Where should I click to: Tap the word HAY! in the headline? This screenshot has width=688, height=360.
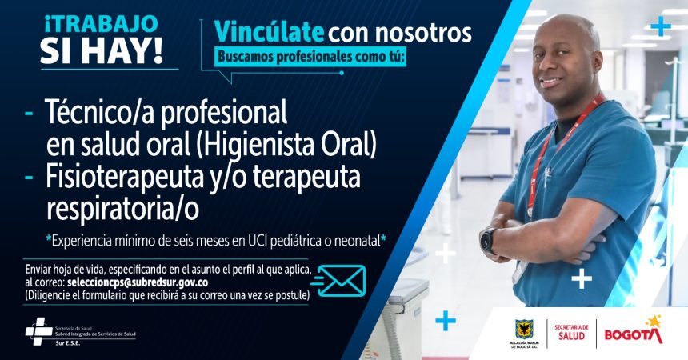125,53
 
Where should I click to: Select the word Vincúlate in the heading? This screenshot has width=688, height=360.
269,32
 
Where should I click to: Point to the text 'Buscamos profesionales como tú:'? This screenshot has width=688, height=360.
310,58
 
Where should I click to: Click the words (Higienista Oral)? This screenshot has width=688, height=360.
286,145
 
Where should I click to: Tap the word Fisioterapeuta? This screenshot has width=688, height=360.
126,176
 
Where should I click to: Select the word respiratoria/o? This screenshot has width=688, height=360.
122,209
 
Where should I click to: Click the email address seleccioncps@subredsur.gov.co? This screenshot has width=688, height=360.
138,282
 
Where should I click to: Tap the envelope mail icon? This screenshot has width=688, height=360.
339,281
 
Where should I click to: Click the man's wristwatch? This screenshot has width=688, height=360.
487,240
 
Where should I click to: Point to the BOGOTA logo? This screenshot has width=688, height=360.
634,331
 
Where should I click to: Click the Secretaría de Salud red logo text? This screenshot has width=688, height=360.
572,332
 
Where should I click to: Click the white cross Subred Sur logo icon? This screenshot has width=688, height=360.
38,331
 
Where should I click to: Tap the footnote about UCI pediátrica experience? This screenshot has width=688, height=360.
216,241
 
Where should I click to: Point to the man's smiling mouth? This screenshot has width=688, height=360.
550,82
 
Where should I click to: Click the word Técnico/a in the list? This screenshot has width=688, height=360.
100,112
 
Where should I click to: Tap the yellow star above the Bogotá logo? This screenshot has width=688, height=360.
654,321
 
